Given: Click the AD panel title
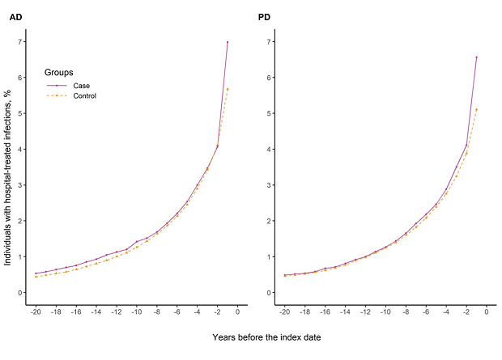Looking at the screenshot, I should (15, 17).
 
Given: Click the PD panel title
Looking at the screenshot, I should (264, 17).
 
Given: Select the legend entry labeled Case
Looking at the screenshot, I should (81, 85).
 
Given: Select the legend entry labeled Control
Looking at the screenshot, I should (84, 96).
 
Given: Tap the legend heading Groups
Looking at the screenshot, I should (59, 72).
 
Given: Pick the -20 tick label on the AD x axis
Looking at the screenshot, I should (36, 312).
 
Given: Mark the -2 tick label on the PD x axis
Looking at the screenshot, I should (466, 312).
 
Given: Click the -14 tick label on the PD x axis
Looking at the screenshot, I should (345, 312).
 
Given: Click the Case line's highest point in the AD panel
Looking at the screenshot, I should (228, 42).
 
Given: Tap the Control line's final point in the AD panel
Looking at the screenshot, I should (228, 89).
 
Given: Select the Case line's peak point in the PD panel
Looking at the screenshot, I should (476, 57).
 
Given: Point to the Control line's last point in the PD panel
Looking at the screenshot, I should (476, 110).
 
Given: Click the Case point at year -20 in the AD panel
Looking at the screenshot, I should (36, 273).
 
